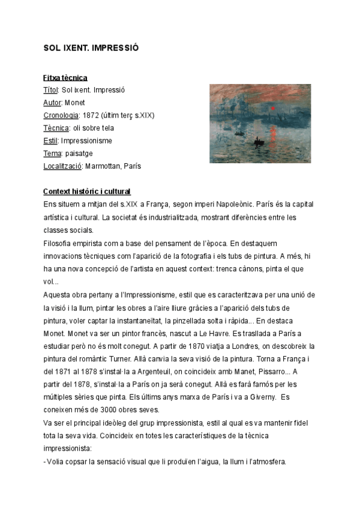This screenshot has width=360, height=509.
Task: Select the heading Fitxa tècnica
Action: click(65, 77)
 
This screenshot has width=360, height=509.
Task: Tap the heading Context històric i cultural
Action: click(86, 191)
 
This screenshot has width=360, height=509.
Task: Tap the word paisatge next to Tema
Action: click(77, 153)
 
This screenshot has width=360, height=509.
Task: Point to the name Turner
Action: click(137, 359)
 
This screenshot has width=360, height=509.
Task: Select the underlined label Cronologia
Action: click(61, 115)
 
